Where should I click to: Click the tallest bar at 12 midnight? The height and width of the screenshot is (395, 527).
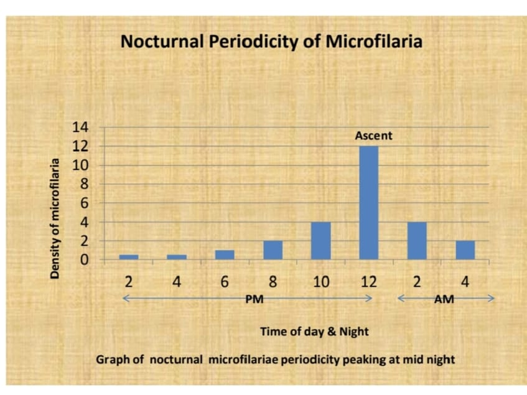coord(368,202)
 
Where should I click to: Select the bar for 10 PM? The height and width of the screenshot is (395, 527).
coord(320,240)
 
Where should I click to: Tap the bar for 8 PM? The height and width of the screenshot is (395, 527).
coord(273,249)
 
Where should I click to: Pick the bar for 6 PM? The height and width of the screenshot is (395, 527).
coord(225,254)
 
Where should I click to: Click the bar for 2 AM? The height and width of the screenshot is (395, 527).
coord(417,240)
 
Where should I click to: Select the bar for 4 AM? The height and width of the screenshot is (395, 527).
coord(465,249)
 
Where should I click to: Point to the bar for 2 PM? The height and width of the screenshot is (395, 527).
coord(128,256)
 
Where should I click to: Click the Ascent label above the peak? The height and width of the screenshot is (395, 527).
coord(374,135)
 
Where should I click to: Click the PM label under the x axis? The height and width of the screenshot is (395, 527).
coord(254,299)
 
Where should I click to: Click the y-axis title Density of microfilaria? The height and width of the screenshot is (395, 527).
coord(55,218)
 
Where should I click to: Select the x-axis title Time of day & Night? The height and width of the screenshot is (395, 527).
coord(314,332)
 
